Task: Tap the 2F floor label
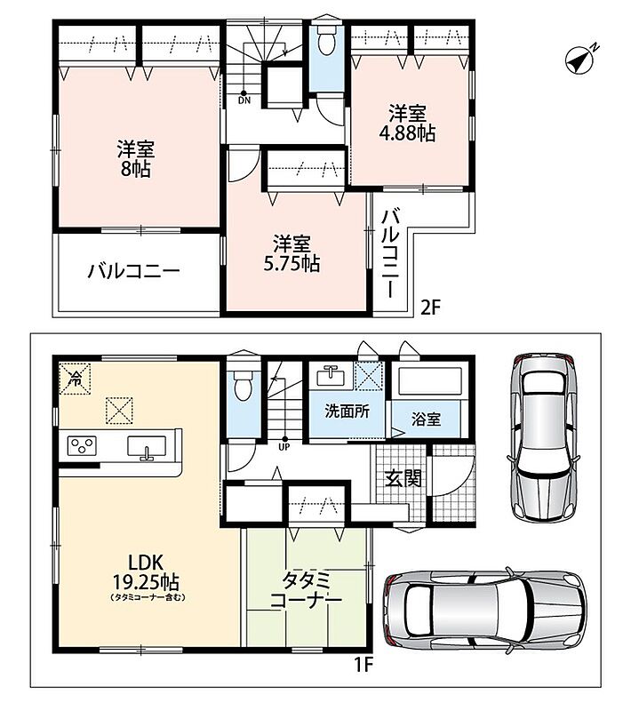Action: pos(431,308)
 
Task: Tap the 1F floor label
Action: pos(363,665)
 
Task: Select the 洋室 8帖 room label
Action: pos(136,159)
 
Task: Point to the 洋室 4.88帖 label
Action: pos(407,124)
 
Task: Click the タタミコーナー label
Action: pos(306,590)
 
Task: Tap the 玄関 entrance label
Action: pos(403,478)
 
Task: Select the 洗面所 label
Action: pos(347,411)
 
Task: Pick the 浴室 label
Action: pos(426,419)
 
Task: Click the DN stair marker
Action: pos(244,98)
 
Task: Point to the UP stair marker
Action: pos(284,443)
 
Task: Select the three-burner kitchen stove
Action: pos(82,445)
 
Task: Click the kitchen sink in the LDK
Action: pos(147,447)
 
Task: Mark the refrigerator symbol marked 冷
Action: pos(75,379)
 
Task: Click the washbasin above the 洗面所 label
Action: pos(331,375)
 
